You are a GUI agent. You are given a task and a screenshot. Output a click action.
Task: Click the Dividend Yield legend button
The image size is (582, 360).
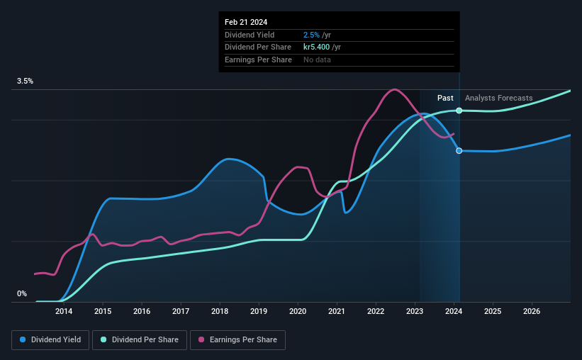(50, 340)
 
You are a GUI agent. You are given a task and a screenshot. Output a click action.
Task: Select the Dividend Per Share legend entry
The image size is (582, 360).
(143, 340)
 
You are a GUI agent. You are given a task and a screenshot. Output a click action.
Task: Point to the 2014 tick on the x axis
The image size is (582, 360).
(64, 311)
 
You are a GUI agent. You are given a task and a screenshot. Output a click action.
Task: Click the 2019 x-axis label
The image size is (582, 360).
(259, 311)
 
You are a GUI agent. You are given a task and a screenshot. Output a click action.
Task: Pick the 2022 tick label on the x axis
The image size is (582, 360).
(376, 311)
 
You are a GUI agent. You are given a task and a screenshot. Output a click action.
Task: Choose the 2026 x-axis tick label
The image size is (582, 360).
(532, 311)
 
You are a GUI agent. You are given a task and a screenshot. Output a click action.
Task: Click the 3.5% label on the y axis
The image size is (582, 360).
(26, 81)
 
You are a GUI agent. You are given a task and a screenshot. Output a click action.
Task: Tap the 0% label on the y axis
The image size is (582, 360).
(22, 294)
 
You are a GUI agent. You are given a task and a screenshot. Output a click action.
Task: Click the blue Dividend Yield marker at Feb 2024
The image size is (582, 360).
(459, 151)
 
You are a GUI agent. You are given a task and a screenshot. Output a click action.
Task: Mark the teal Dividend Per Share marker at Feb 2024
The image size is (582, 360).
(459, 111)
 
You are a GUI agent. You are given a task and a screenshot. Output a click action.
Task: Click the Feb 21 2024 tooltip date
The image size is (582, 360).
(246, 22)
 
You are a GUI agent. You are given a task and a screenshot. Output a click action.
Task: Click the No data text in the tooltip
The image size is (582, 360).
(317, 60)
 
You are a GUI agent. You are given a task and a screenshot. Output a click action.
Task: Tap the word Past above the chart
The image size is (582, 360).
(445, 98)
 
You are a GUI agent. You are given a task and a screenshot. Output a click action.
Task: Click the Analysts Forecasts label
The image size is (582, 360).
(498, 98)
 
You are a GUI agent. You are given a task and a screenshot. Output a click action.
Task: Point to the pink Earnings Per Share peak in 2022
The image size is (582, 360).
(395, 89)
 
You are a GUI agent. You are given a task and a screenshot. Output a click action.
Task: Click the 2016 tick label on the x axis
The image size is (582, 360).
(142, 311)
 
